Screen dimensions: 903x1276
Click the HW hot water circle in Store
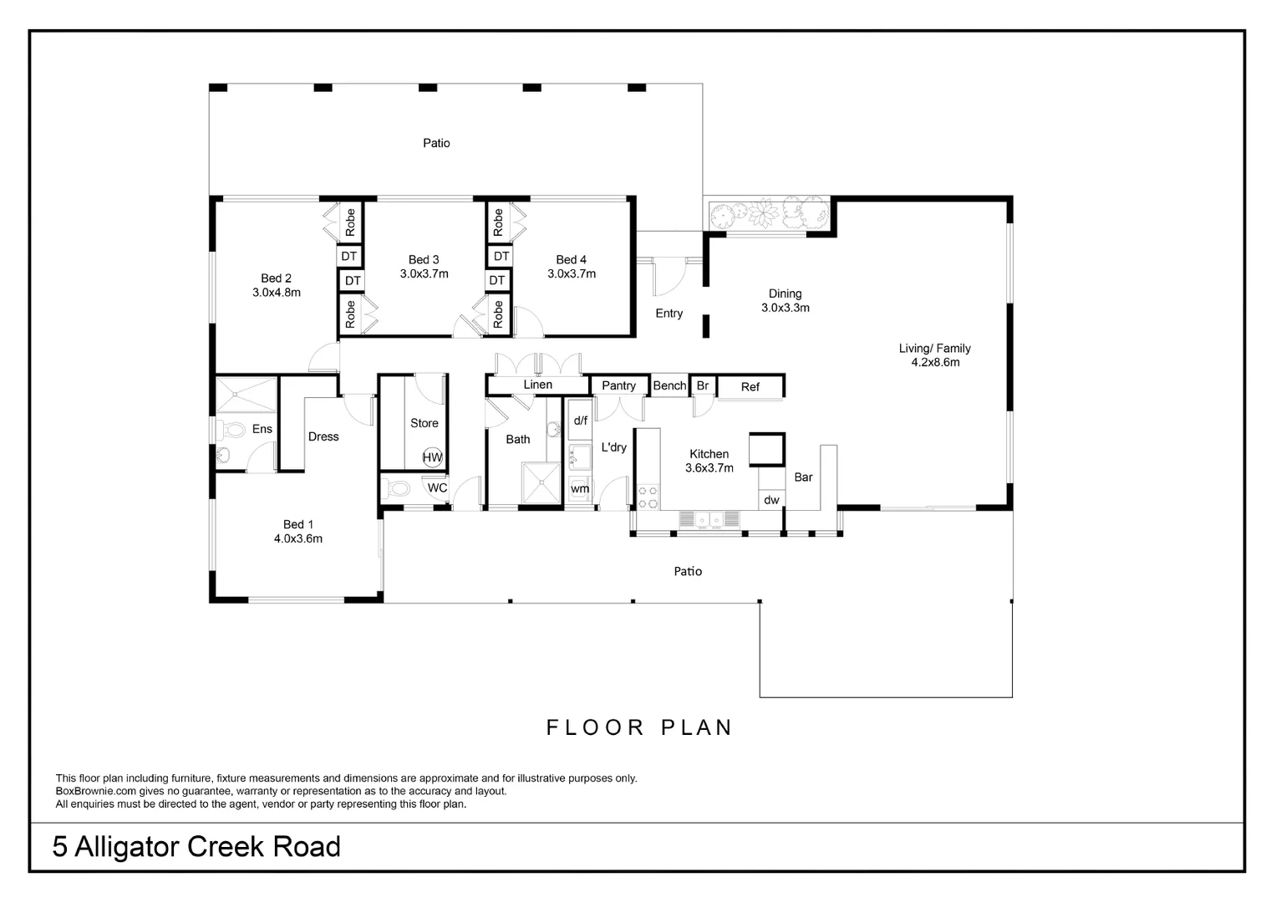[432, 457]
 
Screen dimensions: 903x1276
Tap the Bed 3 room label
[424, 260]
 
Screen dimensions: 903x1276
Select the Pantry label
[618, 385]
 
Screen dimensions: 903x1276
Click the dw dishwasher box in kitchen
[771, 500]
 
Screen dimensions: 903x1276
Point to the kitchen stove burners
[648, 497]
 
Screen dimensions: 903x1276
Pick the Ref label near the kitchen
[750, 386]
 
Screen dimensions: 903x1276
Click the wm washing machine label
[580, 488]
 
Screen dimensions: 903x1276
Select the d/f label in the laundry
[580, 421]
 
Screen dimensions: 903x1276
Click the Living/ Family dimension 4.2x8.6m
[935, 363]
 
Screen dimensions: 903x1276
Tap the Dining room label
[785, 293]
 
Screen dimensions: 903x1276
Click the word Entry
[669, 314]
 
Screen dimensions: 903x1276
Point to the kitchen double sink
[709, 520]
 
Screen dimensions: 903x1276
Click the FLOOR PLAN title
[639, 727]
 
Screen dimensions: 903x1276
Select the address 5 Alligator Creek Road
[196, 847]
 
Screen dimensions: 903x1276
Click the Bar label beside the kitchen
[803, 477]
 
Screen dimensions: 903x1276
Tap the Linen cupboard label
[537, 385]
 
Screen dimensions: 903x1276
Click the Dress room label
[323, 436]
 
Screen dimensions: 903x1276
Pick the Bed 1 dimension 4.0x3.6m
[298, 538]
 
